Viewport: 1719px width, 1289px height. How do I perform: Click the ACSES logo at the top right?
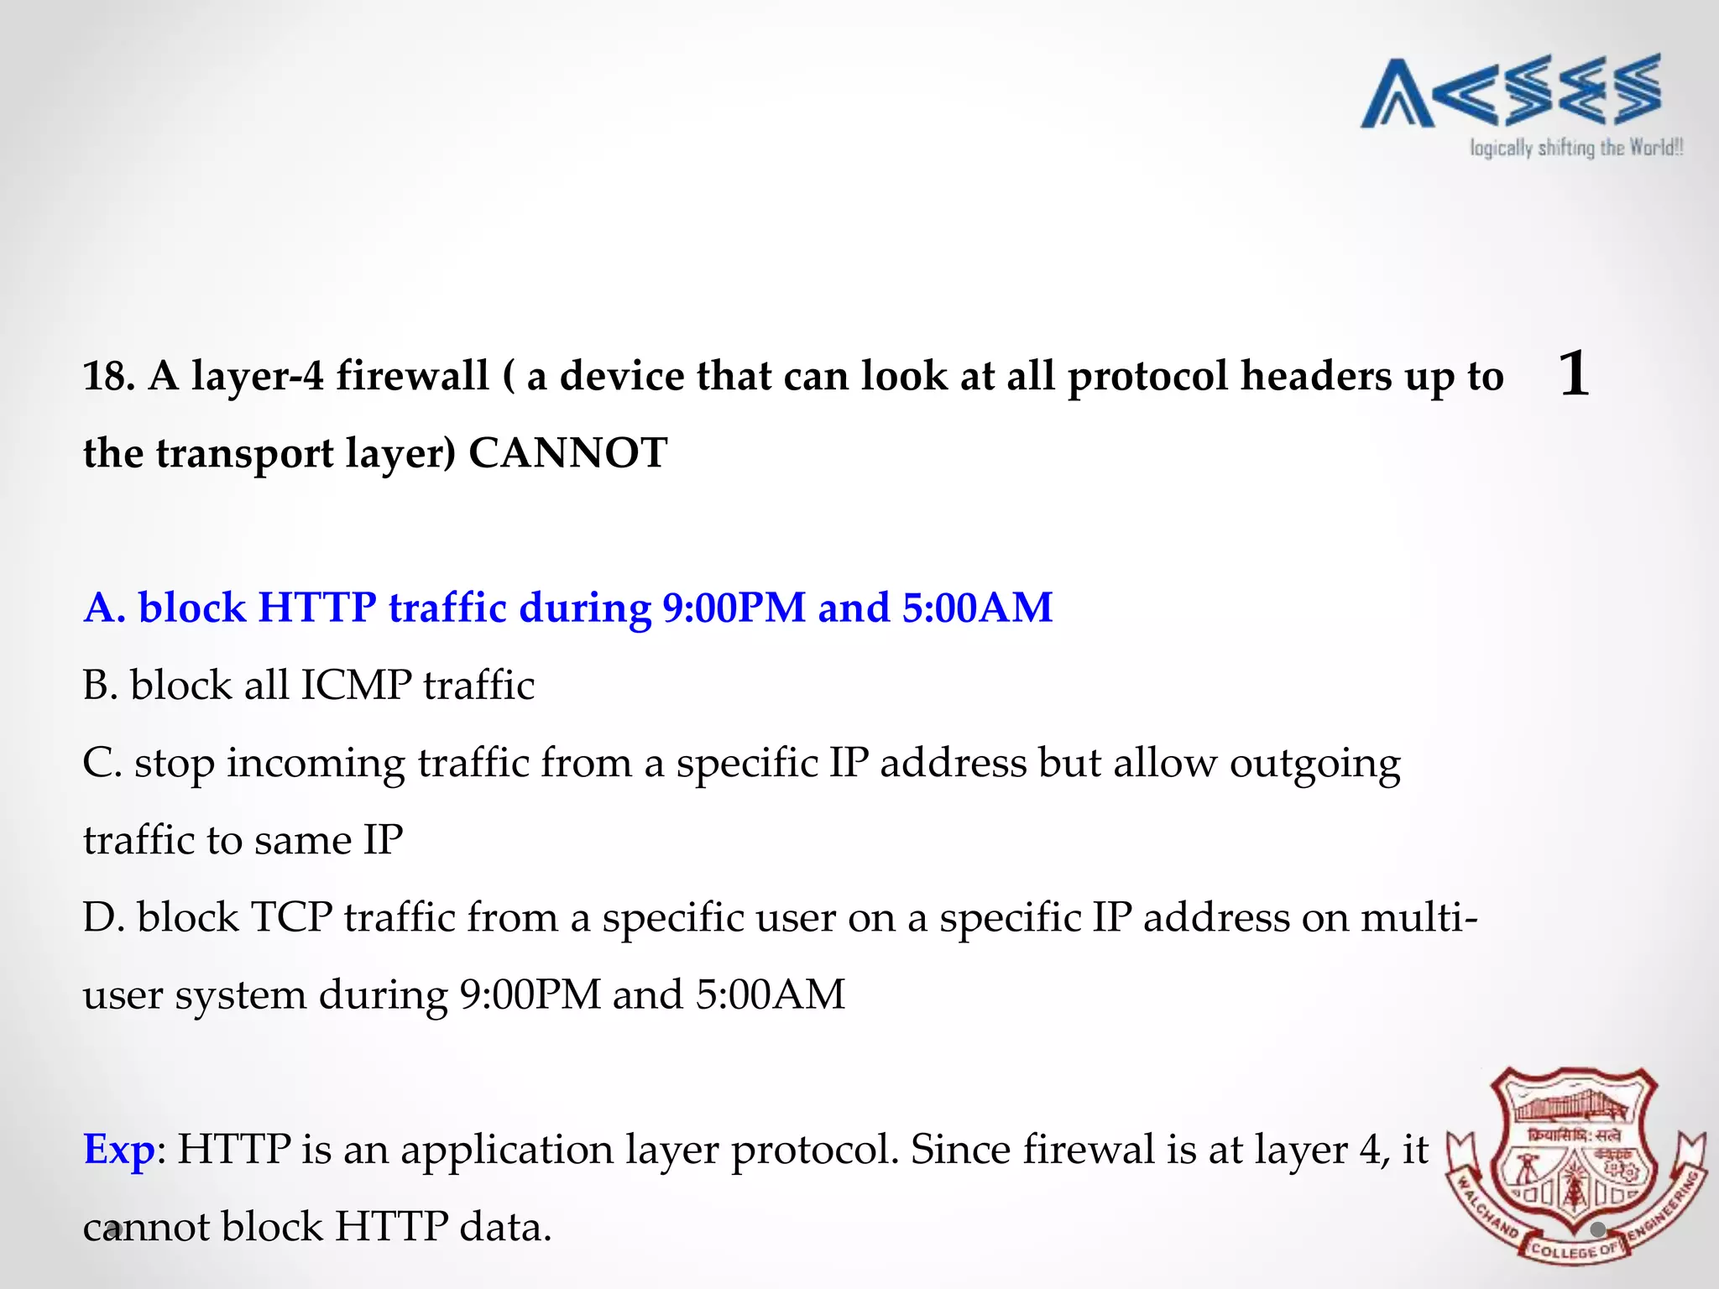pyautogui.click(x=1511, y=91)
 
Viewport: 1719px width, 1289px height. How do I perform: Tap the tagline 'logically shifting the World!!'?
pyautogui.click(x=1575, y=149)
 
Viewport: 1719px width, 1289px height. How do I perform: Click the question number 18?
pyautogui.click(x=108, y=376)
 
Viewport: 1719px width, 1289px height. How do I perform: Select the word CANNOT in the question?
pyautogui.click(x=567, y=453)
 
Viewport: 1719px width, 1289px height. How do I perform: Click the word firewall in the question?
pyautogui.click(x=412, y=375)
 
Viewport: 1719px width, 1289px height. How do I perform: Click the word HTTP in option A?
pyautogui.click(x=316, y=608)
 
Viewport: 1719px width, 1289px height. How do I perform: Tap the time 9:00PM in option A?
pyautogui.click(x=734, y=608)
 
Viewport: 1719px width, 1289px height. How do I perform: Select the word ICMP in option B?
pyautogui.click(x=356, y=686)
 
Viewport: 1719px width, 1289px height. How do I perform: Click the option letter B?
pyautogui.click(x=99, y=686)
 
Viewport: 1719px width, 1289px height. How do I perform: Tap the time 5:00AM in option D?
pyautogui.click(x=770, y=995)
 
